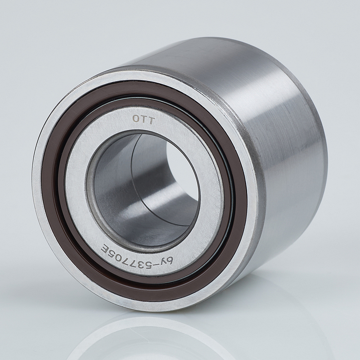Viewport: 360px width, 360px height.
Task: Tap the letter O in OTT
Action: click(x=136, y=118)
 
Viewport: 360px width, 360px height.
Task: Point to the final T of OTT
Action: click(x=152, y=121)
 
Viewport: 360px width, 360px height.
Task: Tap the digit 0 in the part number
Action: click(x=121, y=252)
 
